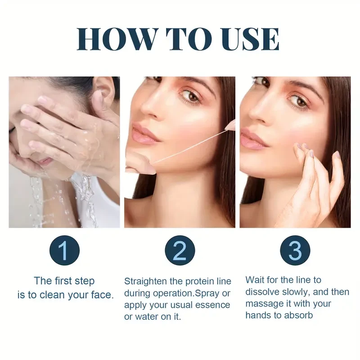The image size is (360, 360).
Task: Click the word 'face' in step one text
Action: tap(102, 295)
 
